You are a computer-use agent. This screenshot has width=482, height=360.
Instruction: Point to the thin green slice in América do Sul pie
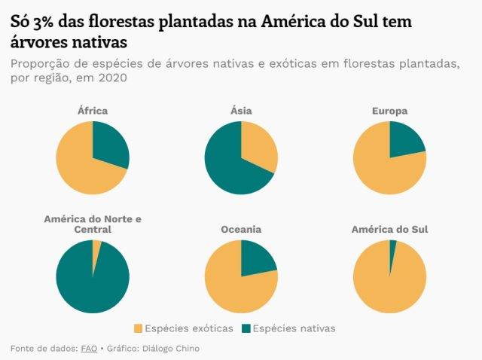pyautogui.click(x=392, y=246)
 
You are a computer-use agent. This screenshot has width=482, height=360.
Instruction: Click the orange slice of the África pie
pyautogui.click(x=79, y=166)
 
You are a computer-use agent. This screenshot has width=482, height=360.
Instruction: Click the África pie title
pyautogui.click(x=93, y=111)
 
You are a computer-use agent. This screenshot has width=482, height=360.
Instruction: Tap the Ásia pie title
pyautogui.click(x=241, y=111)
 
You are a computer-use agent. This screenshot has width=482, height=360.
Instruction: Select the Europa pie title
pyautogui.click(x=389, y=111)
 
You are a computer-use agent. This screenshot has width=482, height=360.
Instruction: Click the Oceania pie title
pyautogui.click(x=241, y=229)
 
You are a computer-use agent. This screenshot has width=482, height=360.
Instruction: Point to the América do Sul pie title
pyautogui.click(x=389, y=229)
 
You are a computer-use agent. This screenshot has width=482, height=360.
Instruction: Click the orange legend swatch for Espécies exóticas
pyautogui.click(x=138, y=328)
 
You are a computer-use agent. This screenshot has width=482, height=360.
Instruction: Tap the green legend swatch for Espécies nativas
pyautogui.click(x=246, y=328)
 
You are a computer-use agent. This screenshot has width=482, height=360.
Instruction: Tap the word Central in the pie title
pyautogui.click(x=93, y=229)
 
